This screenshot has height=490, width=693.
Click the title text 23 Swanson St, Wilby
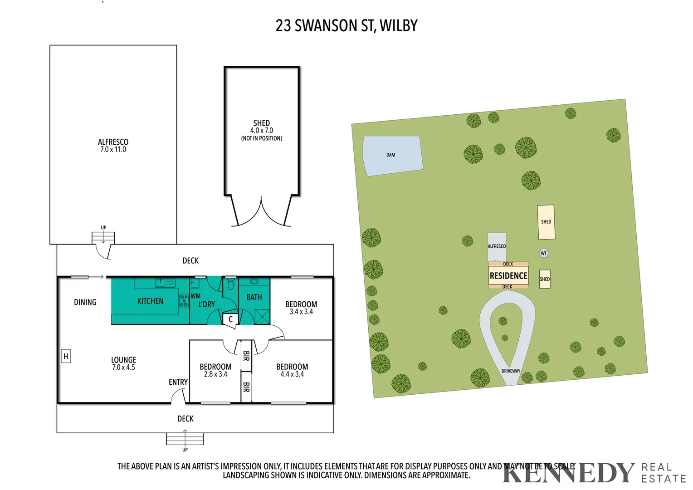(x=346, y=26)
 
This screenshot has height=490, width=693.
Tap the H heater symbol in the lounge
(x=66, y=356)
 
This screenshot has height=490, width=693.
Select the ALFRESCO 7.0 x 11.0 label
(x=113, y=146)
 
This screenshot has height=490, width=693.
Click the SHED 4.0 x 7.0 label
(x=261, y=127)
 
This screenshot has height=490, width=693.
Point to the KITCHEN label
(x=150, y=301)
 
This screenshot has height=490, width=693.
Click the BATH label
(x=254, y=297)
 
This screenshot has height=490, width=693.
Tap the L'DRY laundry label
(x=206, y=304)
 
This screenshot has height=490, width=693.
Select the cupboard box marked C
(x=230, y=319)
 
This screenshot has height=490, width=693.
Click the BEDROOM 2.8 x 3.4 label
(x=215, y=370)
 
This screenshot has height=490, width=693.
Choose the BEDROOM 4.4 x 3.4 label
(x=292, y=370)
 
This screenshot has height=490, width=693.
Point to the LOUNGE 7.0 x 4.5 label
(x=123, y=363)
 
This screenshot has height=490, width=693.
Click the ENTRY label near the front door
(x=178, y=382)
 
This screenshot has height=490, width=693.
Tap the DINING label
(x=85, y=302)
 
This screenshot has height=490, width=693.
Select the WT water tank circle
(x=543, y=253)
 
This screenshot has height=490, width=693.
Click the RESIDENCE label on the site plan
(x=508, y=276)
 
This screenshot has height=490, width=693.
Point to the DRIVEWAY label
(x=511, y=371)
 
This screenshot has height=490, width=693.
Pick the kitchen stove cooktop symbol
(x=184, y=301)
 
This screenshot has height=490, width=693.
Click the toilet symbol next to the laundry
(x=230, y=284)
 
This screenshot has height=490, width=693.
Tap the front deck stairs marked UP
(x=185, y=439)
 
